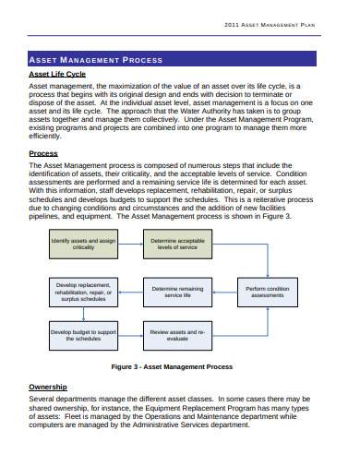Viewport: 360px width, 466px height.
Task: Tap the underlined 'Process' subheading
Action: click(43, 153)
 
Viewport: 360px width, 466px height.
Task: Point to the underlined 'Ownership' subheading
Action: click(48, 387)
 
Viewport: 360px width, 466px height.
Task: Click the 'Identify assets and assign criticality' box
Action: click(83, 245)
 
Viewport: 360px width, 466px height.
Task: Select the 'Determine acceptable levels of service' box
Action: click(177, 245)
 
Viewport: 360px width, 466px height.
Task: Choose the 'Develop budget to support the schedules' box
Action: click(83, 335)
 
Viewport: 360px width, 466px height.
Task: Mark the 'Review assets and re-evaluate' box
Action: click(177, 335)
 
